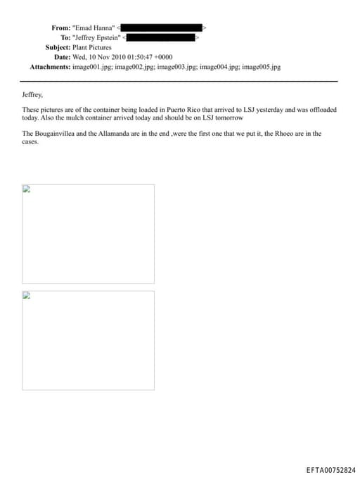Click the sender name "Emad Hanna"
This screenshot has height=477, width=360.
[94, 27]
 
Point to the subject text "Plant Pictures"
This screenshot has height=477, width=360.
[92, 47]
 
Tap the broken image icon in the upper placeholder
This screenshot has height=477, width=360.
[27, 189]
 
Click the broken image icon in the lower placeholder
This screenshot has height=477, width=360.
[27, 295]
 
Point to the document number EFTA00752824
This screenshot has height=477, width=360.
[331, 469]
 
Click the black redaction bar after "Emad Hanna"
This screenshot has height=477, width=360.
[164, 27]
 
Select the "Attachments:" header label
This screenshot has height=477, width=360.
[50, 67]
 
